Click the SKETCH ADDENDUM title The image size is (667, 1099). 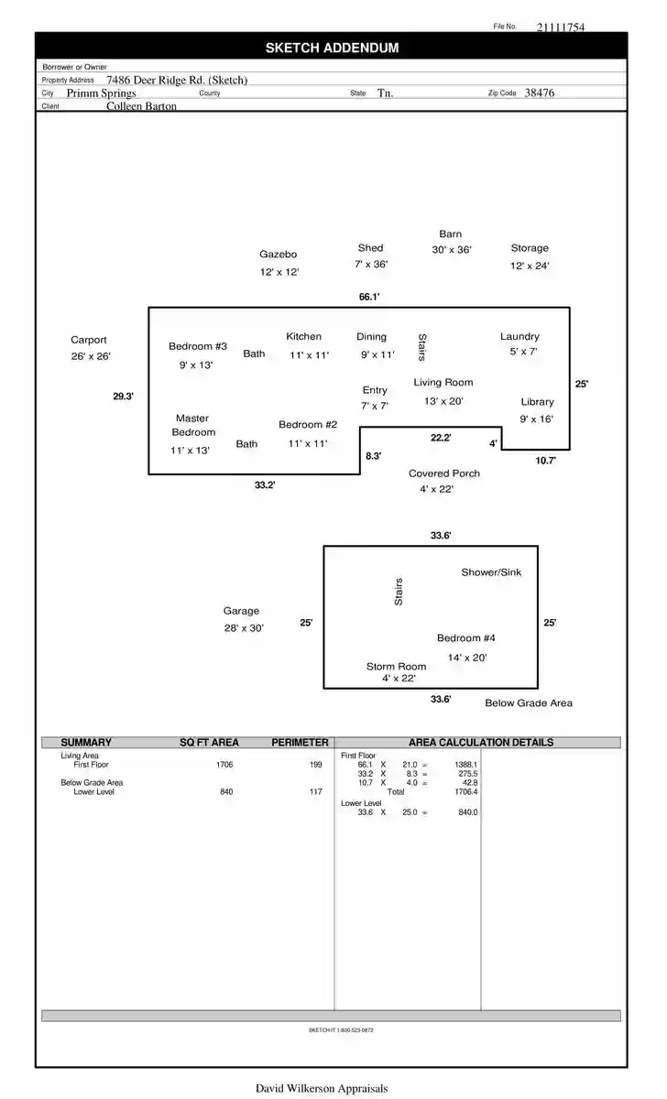point(333,48)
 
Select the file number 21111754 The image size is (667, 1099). point(561,27)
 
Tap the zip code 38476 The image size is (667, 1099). point(540,92)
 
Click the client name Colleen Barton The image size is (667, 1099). point(141,106)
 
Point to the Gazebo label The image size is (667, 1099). point(279,255)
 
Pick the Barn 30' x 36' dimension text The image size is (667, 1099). point(452,250)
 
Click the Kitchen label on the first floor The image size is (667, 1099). point(304,337)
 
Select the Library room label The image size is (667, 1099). point(538,402)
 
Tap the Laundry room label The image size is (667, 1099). point(519,337)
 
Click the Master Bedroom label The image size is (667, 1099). point(193,425)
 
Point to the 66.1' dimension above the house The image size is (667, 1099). point(369,297)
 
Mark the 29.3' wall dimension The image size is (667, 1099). point(123,397)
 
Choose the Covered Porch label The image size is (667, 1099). point(444,473)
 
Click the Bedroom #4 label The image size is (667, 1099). point(466,637)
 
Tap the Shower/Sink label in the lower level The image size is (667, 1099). point(491,572)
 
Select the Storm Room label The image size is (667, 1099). point(396,667)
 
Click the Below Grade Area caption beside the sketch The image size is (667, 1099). point(529,703)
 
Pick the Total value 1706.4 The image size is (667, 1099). point(465,792)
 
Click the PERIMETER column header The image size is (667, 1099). point(300,743)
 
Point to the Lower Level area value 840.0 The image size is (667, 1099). point(468,812)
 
